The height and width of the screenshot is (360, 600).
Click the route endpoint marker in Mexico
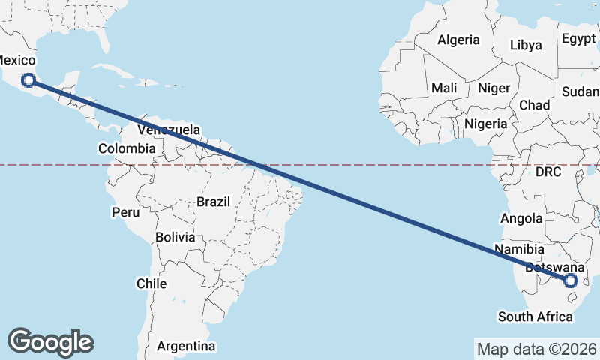(x=28, y=79)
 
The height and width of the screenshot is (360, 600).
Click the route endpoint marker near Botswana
(x=571, y=280)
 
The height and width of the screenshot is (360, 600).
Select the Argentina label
(x=186, y=346)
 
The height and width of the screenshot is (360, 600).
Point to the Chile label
(x=151, y=283)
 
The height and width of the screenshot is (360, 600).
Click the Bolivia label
(x=175, y=237)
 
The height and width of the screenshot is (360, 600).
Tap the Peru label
(x=126, y=212)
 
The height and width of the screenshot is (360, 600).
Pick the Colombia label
(x=127, y=148)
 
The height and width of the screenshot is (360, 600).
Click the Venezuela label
(x=169, y=130)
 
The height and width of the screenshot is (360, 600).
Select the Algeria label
(x=457, y=40)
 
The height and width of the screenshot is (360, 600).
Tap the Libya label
(x=526, y=45)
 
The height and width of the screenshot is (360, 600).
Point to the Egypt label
(x=577, y=38)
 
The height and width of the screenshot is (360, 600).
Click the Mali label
(x=444, y=88)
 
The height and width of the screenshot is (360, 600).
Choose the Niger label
(x=493, y=88)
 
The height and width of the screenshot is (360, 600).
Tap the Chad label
(x=534, y=105)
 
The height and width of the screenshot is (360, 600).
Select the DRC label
(x=548, y=172)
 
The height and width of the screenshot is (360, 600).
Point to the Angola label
(x=521, y=218)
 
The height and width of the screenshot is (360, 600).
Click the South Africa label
(x=535, y=316)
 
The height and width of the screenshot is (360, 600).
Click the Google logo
(x=51, y=341)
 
